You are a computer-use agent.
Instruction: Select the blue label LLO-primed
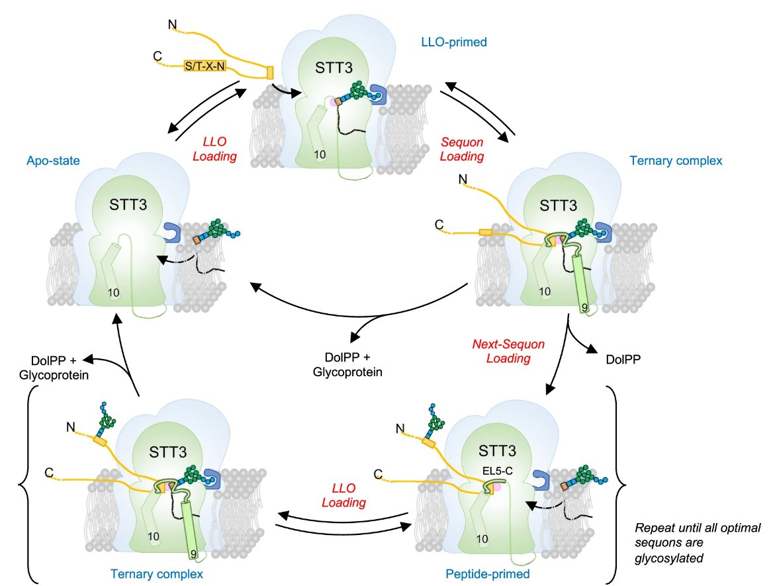(x=454, y=42)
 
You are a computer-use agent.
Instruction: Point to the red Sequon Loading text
(x=463, y=150)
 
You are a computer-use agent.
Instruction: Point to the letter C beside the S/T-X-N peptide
(x=157, y=57)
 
